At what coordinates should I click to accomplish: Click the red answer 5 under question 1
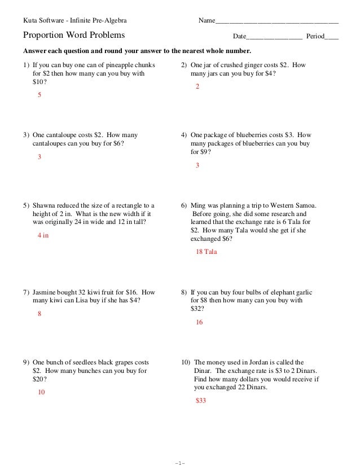39,95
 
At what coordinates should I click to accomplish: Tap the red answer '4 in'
43,235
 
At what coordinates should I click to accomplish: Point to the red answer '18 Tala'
206,252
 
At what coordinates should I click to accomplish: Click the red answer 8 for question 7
39,314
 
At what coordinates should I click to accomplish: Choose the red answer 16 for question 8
199,322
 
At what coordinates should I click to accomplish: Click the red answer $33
201,400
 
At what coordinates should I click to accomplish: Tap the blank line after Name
277,21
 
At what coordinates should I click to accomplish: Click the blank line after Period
332,37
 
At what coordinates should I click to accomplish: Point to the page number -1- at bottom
180,463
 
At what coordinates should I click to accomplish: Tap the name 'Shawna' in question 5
45,206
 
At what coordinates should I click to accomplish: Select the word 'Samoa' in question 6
306,206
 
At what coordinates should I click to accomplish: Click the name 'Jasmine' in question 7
45,293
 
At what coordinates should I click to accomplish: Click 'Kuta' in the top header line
29,21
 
